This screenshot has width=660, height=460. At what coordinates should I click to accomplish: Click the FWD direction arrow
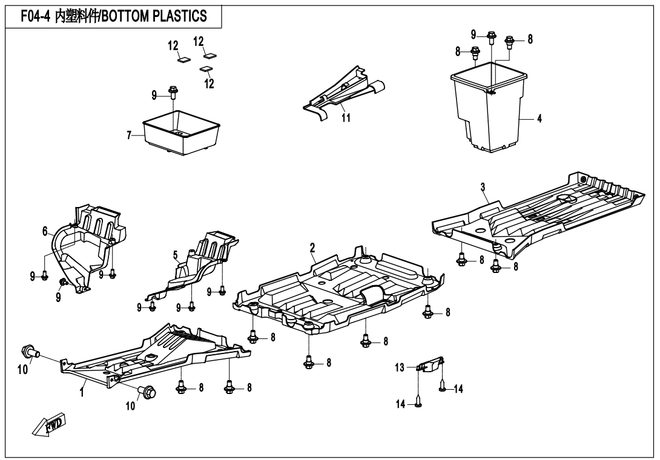point(49,424)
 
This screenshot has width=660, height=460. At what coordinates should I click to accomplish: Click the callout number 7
point(130,136)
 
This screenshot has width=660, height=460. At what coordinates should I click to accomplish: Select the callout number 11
point(346,118)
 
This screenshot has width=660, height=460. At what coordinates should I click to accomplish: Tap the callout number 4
point(539,119)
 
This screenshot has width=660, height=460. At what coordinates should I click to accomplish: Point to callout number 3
point(483,187)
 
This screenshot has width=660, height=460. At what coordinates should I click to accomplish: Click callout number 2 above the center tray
point(312,248)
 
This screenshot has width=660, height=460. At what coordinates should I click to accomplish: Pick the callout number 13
point(400,368)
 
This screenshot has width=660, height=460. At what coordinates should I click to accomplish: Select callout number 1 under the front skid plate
point(82,393)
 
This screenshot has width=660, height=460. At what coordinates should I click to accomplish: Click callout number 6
point(45,231)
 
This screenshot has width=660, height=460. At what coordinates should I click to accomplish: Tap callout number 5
point(176,255)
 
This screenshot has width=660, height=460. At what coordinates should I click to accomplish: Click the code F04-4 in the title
point(36,16)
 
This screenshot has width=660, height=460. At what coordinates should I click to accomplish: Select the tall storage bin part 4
point(489,107)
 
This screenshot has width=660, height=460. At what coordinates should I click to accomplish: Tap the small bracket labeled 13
point(431,364)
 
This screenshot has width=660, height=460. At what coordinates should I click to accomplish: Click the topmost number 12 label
point(198,42)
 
